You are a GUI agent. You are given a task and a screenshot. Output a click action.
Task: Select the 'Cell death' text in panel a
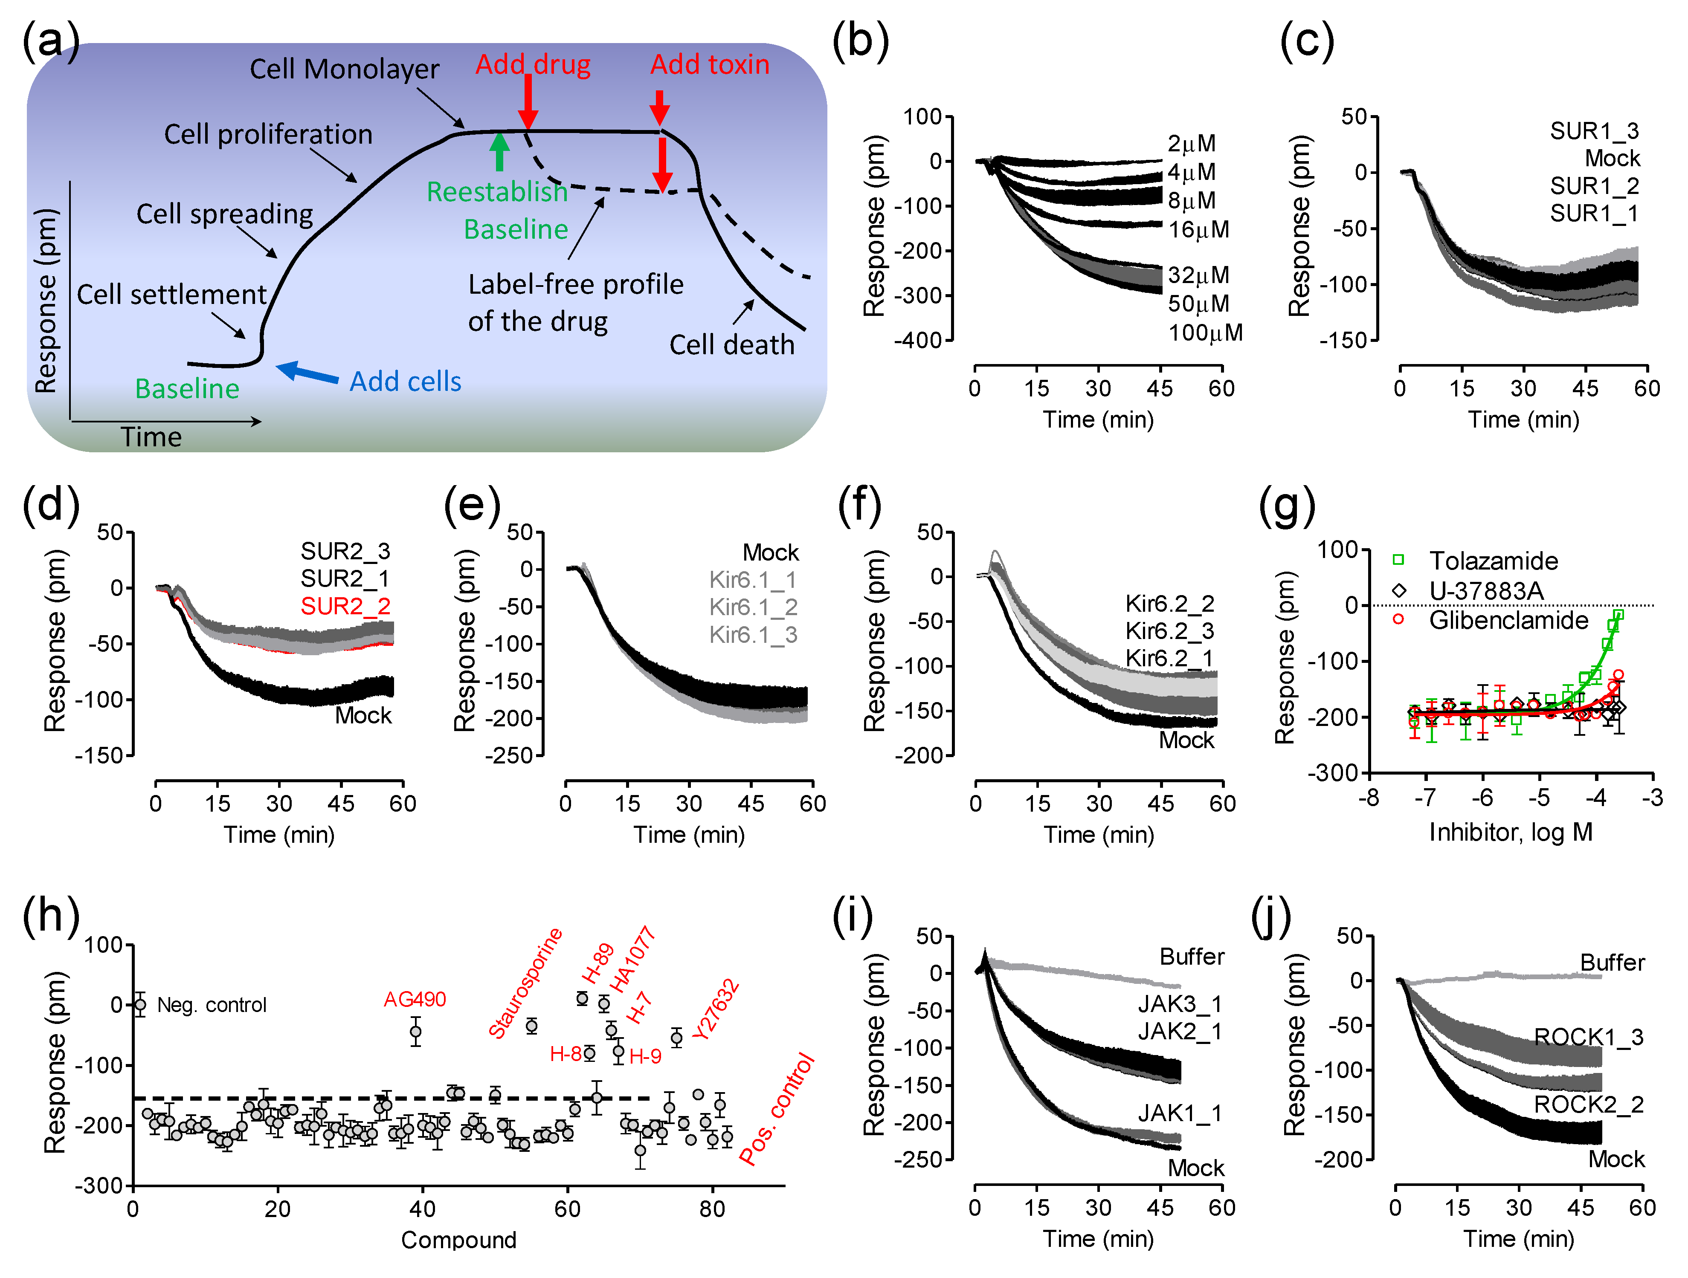click(x=731, y=345)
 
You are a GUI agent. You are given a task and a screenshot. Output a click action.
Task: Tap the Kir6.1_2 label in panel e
click(x=753, y=607)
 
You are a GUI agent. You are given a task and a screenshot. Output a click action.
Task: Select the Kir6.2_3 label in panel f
click(x=1169, y=631)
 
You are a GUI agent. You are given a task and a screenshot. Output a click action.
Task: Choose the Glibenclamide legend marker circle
click(x=1398, y=619)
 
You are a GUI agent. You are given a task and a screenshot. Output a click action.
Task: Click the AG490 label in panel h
click(x=415, y=1000)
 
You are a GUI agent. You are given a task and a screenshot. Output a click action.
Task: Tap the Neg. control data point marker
click(x=139, y=1005)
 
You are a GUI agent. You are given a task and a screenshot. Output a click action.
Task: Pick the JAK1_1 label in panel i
click(x=1179, y=1114)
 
